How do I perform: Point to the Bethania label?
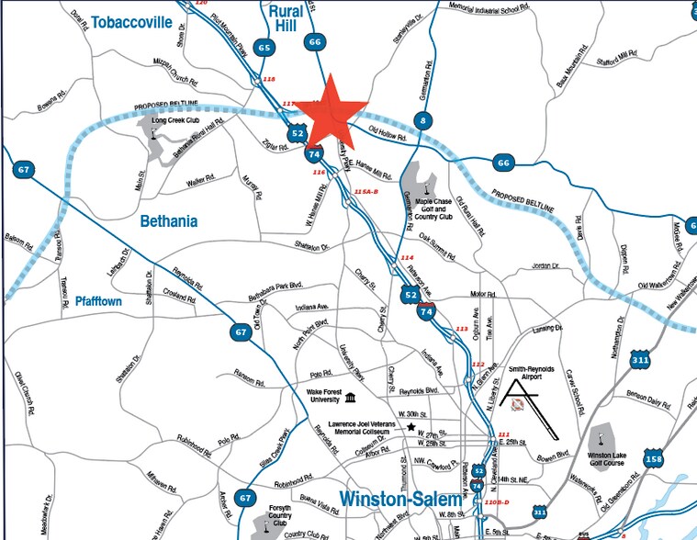[168, 220]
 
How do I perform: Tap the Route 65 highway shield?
[266, 47]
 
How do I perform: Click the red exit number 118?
[269, 81]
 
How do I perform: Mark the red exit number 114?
[408, 258]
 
